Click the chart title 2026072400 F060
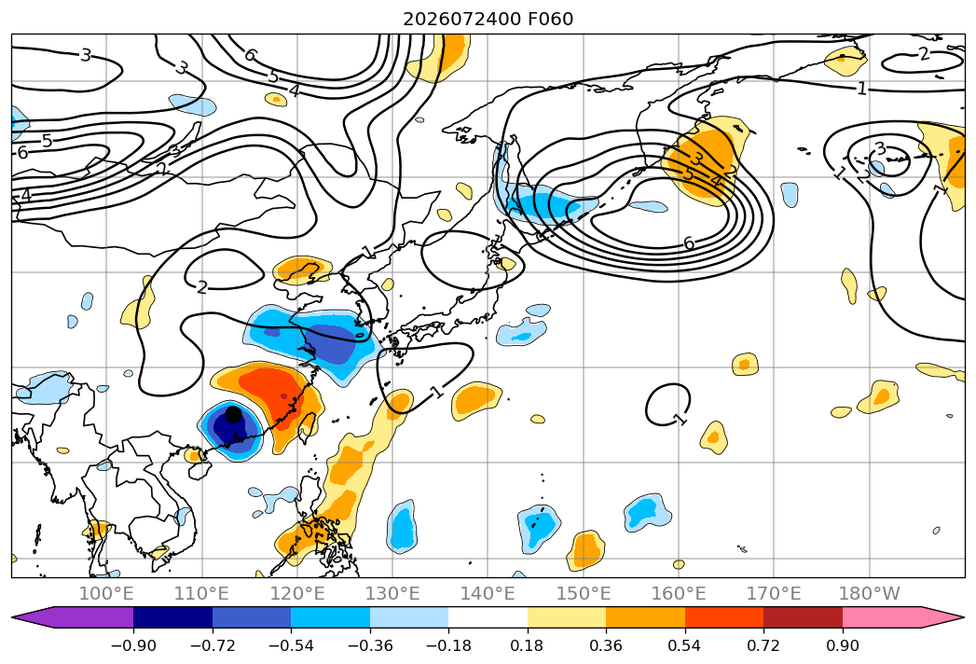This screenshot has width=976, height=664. coord(488,19)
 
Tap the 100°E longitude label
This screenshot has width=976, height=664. coord(106,593)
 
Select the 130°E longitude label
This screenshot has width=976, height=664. coord(392,593)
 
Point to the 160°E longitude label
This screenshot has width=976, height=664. coord(679,593)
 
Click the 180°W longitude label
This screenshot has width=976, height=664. coord(870,593)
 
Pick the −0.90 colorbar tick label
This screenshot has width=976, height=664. coord(133,645)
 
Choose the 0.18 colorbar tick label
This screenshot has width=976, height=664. coord(528,645)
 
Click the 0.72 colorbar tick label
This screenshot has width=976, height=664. coord(763,645)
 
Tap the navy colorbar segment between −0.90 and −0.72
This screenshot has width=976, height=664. coord(173,616)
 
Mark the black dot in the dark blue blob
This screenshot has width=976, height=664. coord(233,413)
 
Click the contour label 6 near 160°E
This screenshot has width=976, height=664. coord(689,242)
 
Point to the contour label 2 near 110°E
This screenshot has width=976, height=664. coord(201,287)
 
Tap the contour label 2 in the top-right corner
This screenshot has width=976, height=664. coord(924,54)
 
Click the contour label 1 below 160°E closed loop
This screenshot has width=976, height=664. coord(680,419)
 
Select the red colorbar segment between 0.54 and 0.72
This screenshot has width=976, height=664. coord(724,616)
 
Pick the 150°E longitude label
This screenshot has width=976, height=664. coord(584,593)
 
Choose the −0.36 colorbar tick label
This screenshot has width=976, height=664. coord(370,645)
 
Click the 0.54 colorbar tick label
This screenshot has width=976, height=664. coord(685,645)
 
